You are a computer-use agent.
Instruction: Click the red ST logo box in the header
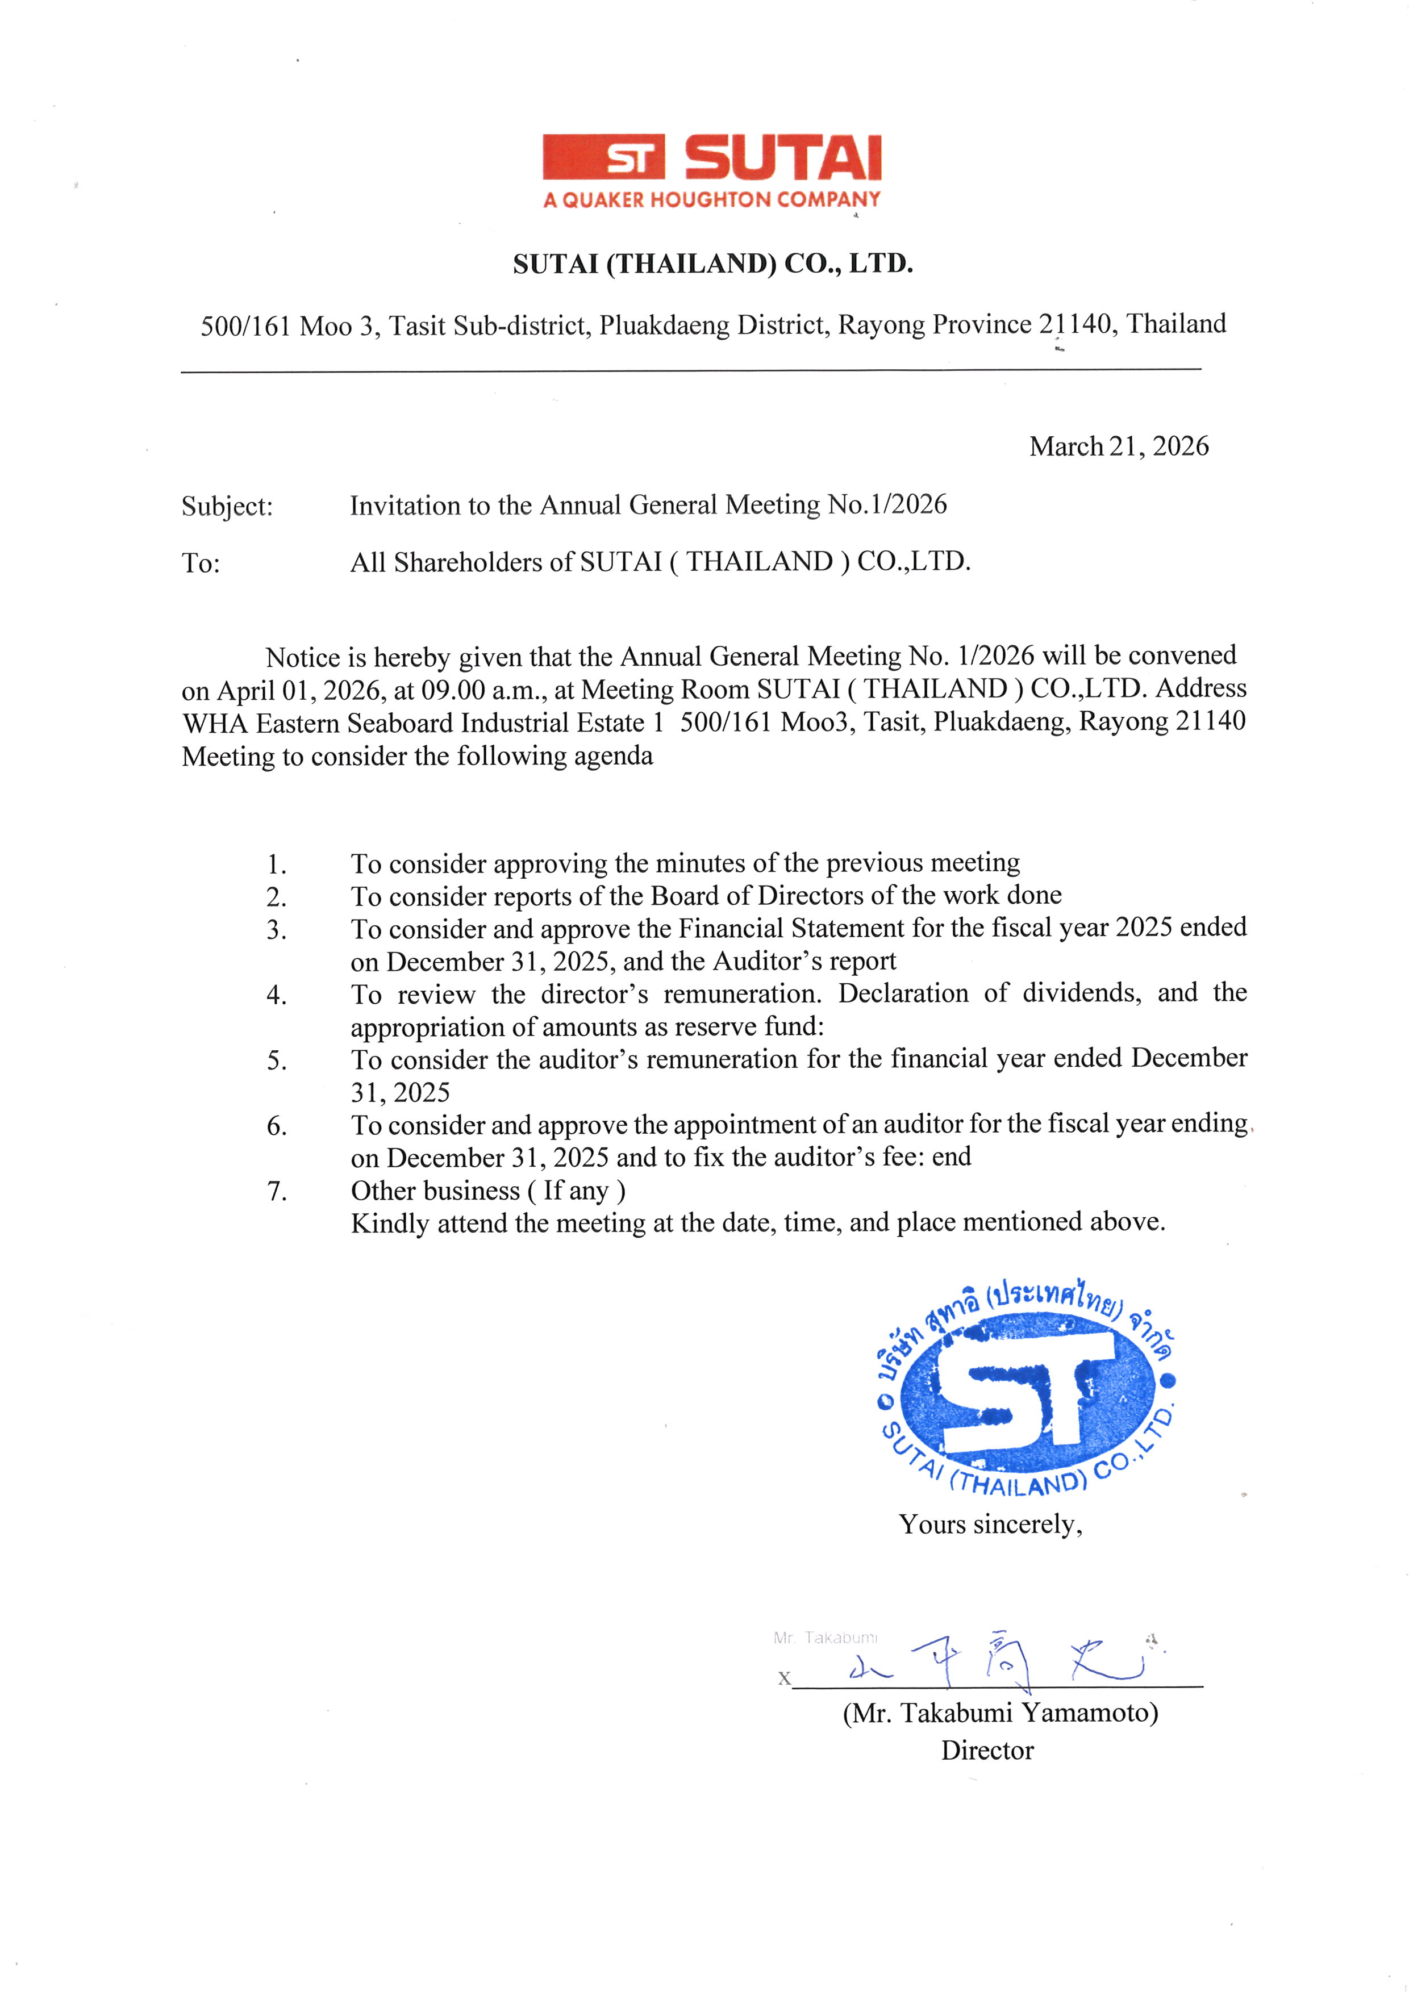click(x=604, y=157)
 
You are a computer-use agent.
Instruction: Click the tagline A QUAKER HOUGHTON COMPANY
click(x=711, y=199)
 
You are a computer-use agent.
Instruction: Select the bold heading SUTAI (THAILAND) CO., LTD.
click(x=712, y=263)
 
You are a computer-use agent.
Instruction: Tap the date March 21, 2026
click(x=1118, y=446)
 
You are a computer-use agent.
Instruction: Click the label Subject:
click(x=227, y=506)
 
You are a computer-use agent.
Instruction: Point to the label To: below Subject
click(x=201, y=563)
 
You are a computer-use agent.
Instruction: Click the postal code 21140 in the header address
click(x=1075, y=324)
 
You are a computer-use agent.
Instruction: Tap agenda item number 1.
click(x=276, y=864)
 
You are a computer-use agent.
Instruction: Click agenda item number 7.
click(x=276, y=1191)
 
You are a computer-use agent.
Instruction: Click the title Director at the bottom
click(x=987, y=1750)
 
